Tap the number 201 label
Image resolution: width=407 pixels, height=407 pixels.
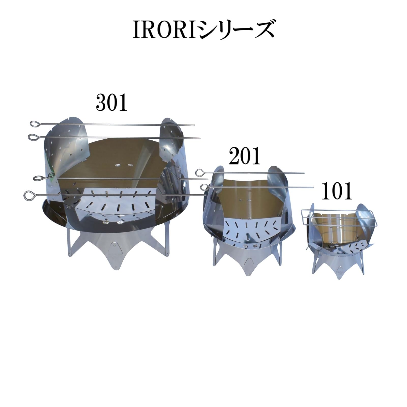(245, 156)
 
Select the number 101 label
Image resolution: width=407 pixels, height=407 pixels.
(337, 191)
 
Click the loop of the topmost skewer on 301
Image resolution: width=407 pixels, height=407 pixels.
(34, 124)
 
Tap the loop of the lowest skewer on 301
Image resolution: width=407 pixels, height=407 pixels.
(27, 196)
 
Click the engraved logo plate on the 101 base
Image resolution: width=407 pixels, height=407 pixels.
(340, 272)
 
